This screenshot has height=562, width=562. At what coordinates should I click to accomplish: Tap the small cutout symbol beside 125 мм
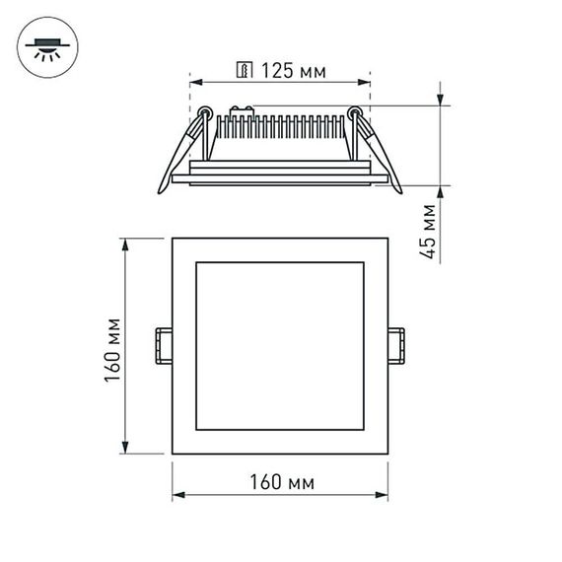click(x=244, y=70)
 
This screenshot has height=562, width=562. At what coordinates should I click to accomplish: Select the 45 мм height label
click(x=428, y=232)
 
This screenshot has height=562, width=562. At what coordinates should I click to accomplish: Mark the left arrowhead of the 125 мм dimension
click(x=193, y=82)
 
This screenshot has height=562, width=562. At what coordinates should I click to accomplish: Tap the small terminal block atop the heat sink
click(x=242, y=109)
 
